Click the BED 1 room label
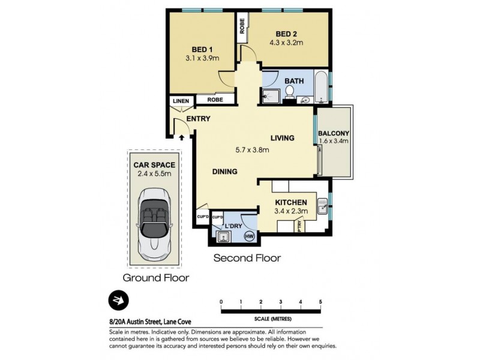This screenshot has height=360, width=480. coord(202,49)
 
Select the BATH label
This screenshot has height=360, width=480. coord(294,81)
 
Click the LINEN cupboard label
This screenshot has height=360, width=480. coord(180,101)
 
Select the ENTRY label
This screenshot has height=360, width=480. coord(198,119)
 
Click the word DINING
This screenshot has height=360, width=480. coord(225,172)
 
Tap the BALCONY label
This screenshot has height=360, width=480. coord(333,133)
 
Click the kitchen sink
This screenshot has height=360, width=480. coord(322,206)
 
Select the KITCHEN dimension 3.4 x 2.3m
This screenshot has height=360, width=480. coord(291,211)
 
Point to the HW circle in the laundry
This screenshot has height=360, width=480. coord(249,237)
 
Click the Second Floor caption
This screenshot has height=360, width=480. coord(248,258)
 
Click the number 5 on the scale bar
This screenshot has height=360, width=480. coord(321,301)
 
